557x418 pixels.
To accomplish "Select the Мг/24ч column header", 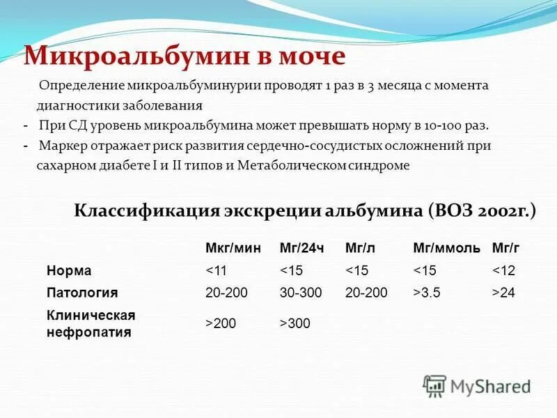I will click(x=301, y=248).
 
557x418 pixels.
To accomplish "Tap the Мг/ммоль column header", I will click(x=446, y=248).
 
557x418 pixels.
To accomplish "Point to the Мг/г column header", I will click(x=505, y=248).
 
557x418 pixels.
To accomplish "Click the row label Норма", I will click(x=69, y=270).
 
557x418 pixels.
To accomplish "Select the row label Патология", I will click(x=81, y=293).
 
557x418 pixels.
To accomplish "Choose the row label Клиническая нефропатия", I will click(x=91, y=323).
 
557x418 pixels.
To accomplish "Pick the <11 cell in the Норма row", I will click(x=216, y=270).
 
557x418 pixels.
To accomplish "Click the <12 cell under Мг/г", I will click(x=503, y=270).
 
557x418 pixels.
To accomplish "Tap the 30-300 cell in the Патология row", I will click(x=301, y=293).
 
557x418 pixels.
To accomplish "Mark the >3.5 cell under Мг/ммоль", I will click(x=427, y=293).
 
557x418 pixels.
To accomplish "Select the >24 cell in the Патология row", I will click(x=503, y=293).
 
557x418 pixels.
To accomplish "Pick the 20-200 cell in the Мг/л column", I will click(x=366, y=293).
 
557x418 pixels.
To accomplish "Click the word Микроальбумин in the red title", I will click(x=138, y=55).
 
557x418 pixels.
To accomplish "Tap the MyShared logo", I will click(x=477, y=386).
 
